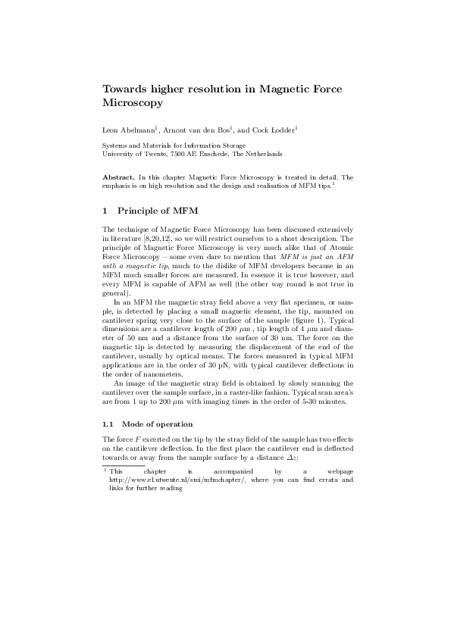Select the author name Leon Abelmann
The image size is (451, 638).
click(x=128, y=131)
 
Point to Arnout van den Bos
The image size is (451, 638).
click(x=197, y=131)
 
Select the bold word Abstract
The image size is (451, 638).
click(x=118, y=177)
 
